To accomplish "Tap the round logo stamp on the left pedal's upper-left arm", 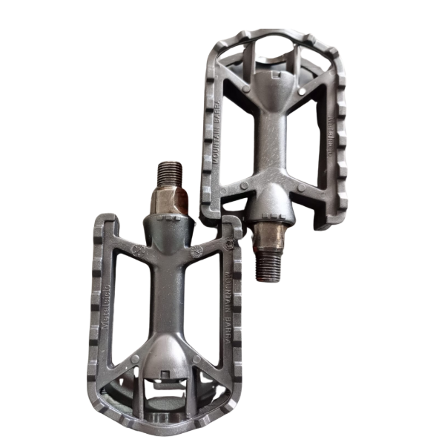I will click(x=136, y=250).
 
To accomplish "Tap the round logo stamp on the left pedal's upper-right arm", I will click(x=197, y=251).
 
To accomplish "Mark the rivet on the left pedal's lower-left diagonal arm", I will click(x=135, y=359).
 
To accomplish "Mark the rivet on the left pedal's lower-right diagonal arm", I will click(x=197, y=359).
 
